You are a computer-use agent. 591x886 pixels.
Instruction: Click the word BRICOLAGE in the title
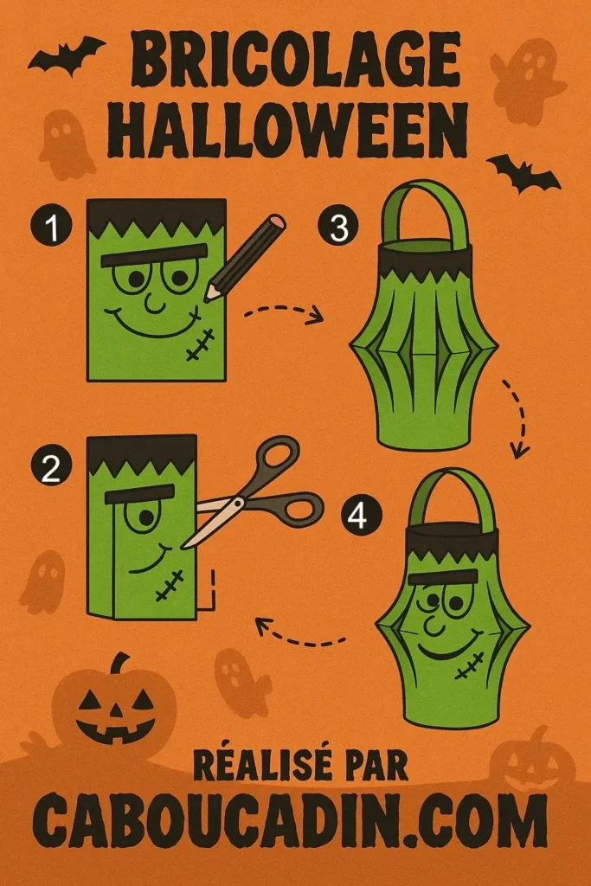296,61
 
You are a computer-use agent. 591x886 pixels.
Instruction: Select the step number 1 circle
51,228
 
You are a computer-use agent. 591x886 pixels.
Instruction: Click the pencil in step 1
246,257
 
